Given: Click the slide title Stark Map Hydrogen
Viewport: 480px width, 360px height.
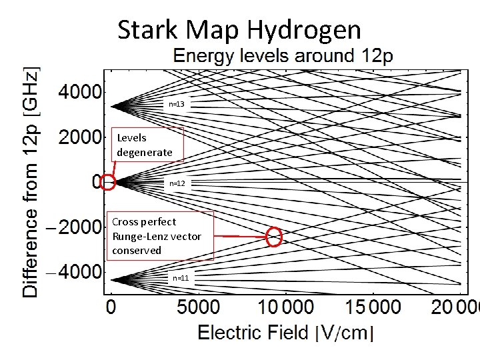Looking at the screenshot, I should tap(239, 30).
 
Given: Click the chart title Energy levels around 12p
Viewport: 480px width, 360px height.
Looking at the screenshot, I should tap(283, 56).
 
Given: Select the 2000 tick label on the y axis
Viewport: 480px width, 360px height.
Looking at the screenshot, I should tap(79, 137).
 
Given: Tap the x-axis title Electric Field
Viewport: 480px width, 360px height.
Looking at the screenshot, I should tap(254, 333).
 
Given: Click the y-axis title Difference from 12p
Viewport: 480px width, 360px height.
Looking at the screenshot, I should tap(31, 181).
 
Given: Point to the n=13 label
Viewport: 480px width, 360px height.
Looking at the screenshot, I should tap(177, 104).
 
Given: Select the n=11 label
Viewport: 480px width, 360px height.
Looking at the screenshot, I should tap(181, 277).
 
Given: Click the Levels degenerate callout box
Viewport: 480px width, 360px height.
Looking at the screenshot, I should tap(145, 145).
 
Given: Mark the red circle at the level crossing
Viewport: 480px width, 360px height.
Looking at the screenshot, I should tap(274, 236).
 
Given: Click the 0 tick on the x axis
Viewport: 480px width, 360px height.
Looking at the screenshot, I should tap(111, 307).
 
